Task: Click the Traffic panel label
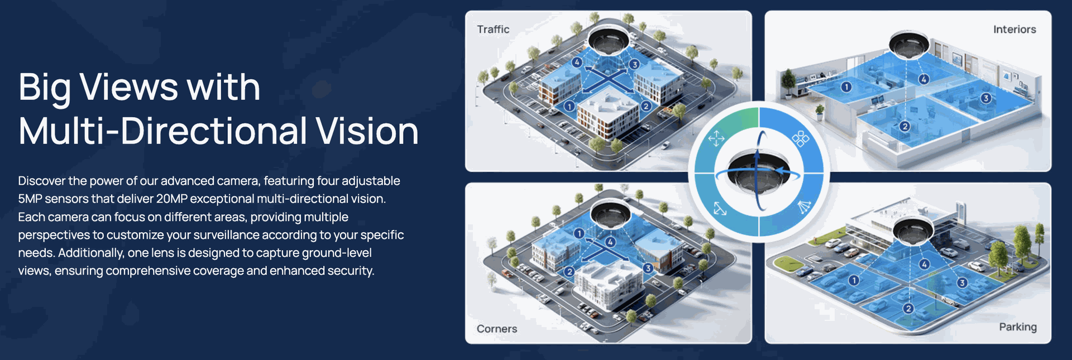coord(493,30)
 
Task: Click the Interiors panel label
coord(1014,30)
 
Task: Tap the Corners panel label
coord(497,329)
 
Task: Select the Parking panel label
coord(1018,327)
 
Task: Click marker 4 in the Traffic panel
coord(577,62)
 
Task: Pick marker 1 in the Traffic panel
coord(569,106)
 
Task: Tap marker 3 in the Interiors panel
coord(986,98)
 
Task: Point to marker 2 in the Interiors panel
coord(905,127)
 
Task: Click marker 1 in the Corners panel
coord(579,233)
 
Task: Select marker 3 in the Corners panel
coord(648,268)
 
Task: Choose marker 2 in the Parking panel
coord(908,309)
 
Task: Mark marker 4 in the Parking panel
coord(925,264)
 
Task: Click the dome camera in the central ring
coord(759,172)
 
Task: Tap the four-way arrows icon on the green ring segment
coord(716,138)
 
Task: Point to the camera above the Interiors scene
coord(909,44)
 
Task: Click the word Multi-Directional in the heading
coord(162,131)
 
